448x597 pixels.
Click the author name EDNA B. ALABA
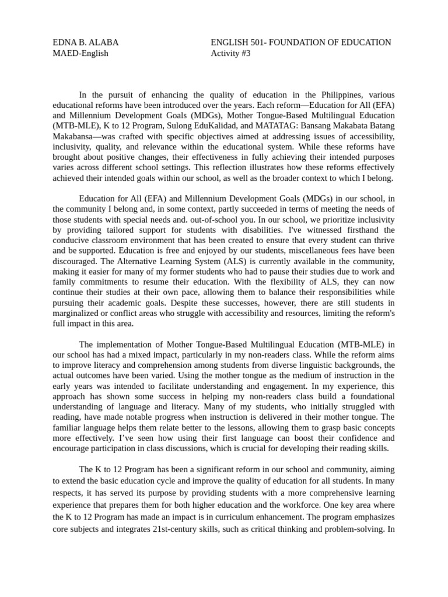pos(86,43)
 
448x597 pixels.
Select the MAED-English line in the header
pos(80,54)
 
